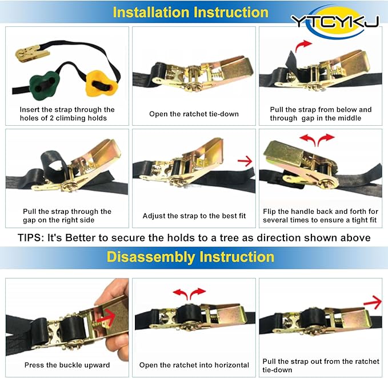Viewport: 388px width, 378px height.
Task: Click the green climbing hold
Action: [45, 85]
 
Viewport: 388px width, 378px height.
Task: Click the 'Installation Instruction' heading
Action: [190, 12]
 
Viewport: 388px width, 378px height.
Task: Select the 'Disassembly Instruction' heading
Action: [190, 257]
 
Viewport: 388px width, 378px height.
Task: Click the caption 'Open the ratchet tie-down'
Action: [194, 114]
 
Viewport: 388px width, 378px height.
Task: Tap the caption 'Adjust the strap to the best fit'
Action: [194, 216]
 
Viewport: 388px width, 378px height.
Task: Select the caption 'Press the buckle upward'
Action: [67, 365]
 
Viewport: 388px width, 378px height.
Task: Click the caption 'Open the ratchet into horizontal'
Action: [194, 365]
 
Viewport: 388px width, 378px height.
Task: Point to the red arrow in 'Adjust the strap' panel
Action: [245, 161]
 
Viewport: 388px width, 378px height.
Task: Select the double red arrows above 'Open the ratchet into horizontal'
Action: [189, 293]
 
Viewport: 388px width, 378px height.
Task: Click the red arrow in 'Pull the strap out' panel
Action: [373, 303]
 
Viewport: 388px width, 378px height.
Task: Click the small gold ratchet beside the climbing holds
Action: [32, 53]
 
